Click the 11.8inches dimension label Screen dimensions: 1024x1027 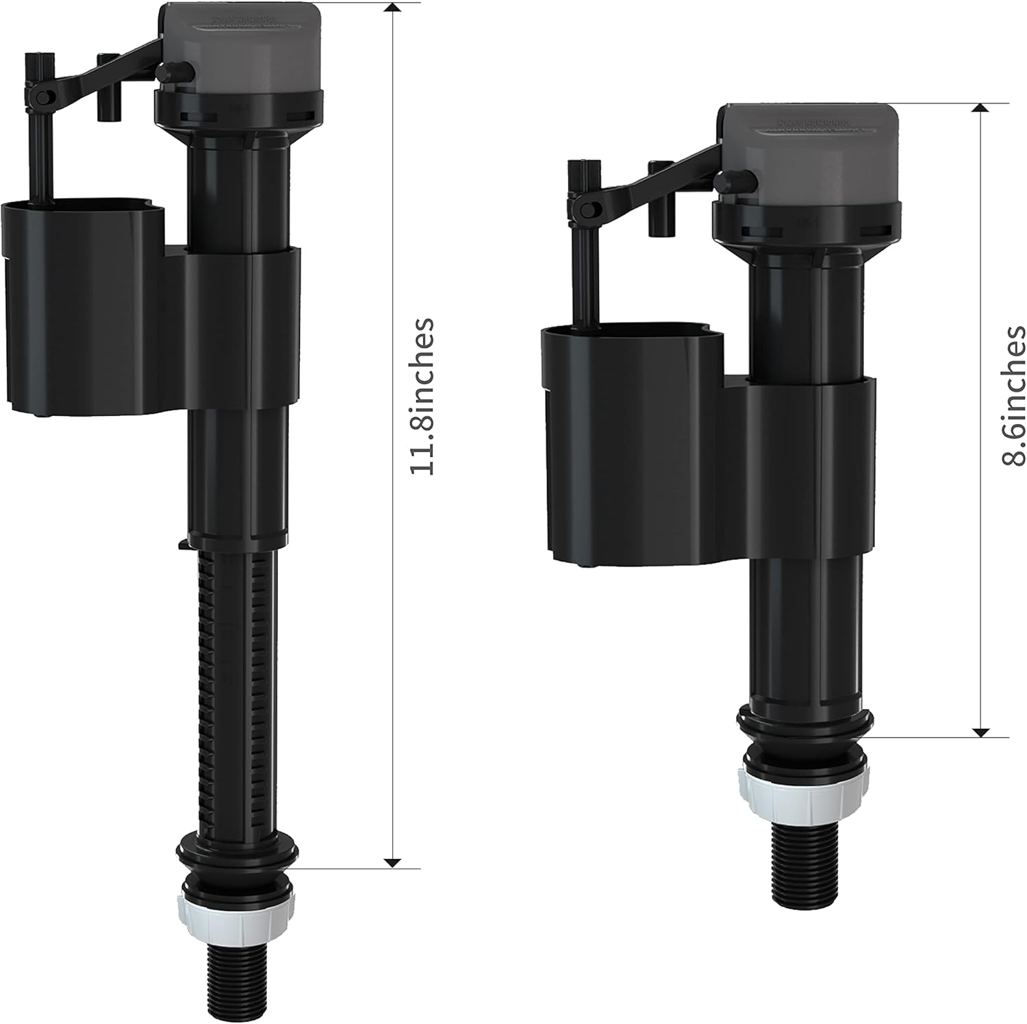[x=421, y=396]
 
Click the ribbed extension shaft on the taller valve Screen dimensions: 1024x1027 [x=236, y=685]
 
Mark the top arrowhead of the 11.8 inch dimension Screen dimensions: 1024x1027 [x=392, y=8]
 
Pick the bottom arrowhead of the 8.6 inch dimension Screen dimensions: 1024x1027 [x=982, y=732]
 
